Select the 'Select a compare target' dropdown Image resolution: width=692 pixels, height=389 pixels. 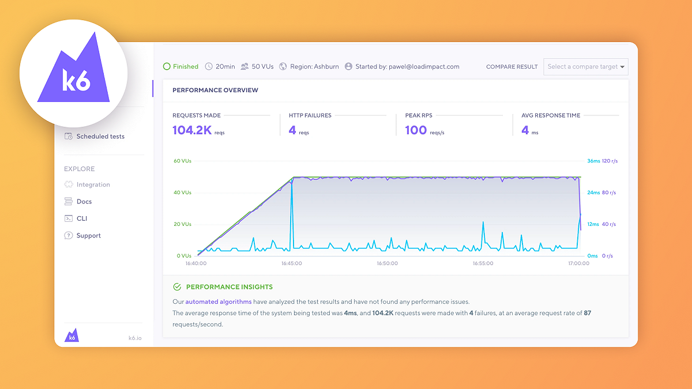(x=585, y=67)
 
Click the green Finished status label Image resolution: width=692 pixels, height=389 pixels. (x=185, y=67)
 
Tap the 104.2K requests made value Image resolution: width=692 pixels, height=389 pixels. (x=192, y=130)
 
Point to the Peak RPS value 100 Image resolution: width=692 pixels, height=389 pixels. (x=416, y=130)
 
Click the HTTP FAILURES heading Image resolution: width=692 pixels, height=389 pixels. (x=310, y=115)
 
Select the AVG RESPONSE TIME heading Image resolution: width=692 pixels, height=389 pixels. (x=551, y=115)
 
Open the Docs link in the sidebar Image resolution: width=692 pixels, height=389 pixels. (x=84, y=202)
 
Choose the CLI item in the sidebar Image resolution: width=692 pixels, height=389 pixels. (x=82, y=218)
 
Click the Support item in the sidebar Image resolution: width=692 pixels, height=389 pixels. (x=88, y=236)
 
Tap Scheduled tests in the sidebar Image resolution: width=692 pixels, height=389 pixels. (x=100, y=137)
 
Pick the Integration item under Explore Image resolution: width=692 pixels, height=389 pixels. (x=93, y=185)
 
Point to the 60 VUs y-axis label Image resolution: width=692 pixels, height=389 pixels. (x=182, y=161)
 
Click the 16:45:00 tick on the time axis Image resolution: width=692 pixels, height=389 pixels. (x=291, y=263)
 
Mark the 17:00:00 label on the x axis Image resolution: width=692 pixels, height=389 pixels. (x=578, y=263)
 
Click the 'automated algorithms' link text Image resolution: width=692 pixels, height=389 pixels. (x=219, y=301)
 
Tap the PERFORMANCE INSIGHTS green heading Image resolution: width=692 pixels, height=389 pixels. (x=229, y=287)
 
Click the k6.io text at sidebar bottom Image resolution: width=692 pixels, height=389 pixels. (x=135, y=338)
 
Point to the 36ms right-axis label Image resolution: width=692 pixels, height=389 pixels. (x=593, y=161)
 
